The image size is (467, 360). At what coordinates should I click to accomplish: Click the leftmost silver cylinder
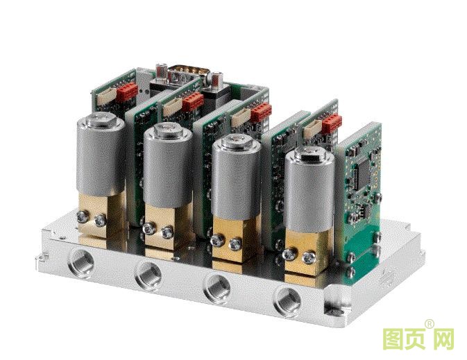tap(101, 155)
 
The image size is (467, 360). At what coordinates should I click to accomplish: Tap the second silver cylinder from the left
tap(168, 165)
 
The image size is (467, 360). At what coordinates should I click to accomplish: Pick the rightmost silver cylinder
tap(309, 189)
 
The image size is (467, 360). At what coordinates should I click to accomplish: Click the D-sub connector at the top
tap(189, 74)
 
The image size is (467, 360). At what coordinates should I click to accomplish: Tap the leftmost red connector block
tap(127, 91)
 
